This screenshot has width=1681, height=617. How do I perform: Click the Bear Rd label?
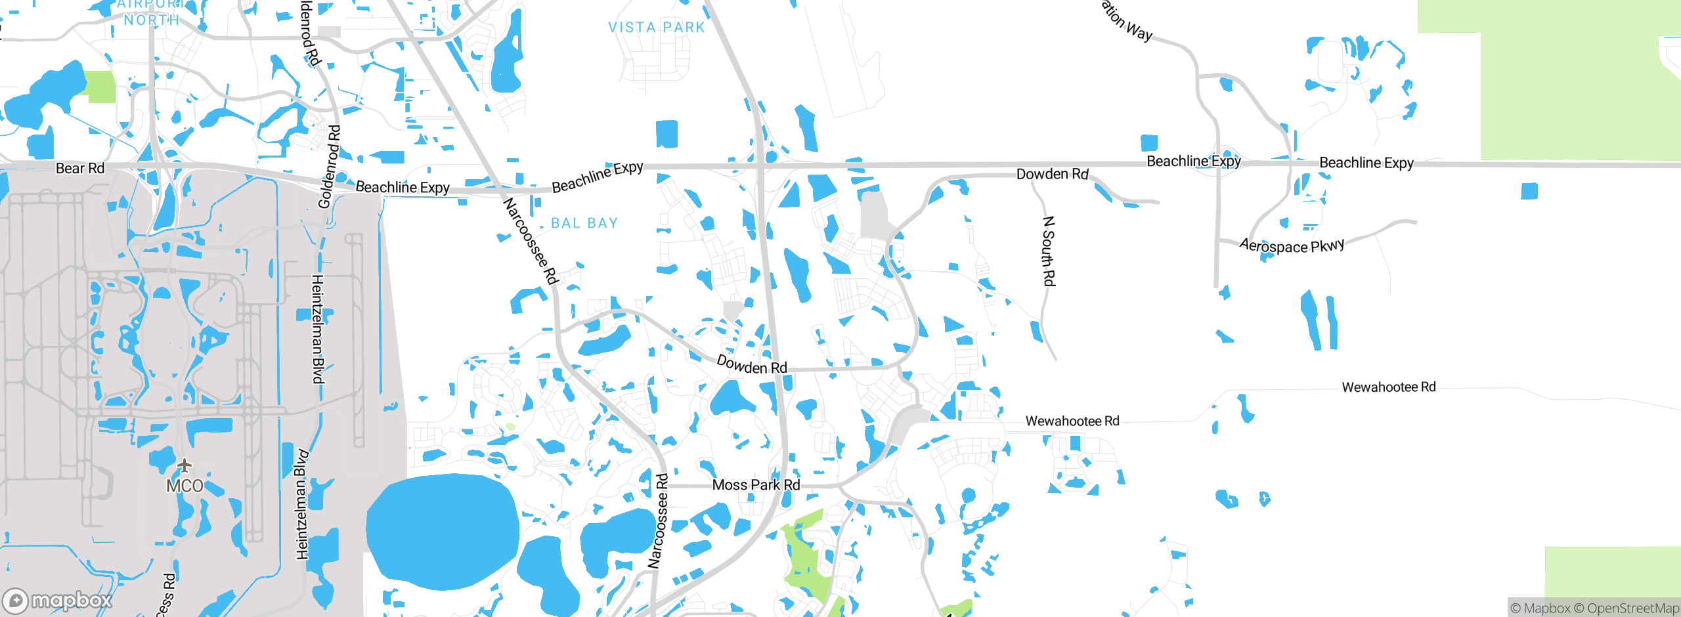pos(80,168)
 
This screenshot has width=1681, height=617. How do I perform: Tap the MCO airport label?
pos(185,486)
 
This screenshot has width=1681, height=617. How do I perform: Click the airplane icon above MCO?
pos(185,465)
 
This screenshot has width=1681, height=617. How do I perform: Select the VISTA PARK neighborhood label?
pos(656,28)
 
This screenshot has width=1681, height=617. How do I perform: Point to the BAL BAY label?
pos(584,223)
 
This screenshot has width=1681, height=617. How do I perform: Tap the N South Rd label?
pos(1049,251)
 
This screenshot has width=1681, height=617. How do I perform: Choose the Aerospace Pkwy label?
pos(1292,245)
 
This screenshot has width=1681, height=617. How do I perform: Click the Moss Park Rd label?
pos(756,485)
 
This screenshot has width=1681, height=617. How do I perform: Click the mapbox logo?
pos(58,600)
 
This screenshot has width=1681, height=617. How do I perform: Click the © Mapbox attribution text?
pos(1540,608)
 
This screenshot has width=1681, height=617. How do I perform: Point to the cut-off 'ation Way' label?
pos(1127,20)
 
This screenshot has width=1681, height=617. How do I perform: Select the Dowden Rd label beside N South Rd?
pos(1052,174)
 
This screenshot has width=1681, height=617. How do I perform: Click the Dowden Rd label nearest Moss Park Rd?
pos(751,365)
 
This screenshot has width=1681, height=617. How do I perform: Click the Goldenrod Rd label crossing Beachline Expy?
pos(329,167)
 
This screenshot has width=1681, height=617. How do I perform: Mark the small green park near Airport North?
pos(100,87)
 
